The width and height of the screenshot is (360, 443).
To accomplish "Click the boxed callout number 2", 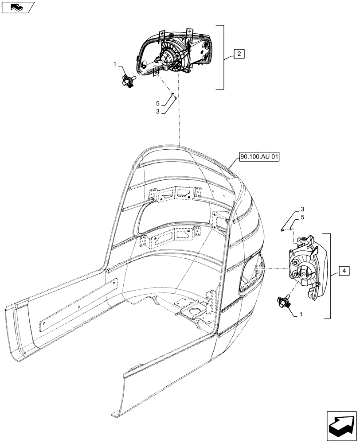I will click(239, 54).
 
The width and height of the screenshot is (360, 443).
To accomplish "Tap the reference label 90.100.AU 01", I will click(259, 157).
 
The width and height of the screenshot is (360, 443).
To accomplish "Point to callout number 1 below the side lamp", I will click(301, 314).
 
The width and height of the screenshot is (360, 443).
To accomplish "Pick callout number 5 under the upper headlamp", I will click(158, 103).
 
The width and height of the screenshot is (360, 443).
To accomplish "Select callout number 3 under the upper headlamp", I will click(158, 112).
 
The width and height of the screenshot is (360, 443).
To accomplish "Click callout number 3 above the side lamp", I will click(302, 209).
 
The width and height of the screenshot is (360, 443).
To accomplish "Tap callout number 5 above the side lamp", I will click(302, 218).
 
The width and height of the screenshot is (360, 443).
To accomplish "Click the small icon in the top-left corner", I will click(18, 7).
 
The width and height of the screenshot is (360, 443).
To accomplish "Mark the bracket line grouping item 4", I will click(329, 275).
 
